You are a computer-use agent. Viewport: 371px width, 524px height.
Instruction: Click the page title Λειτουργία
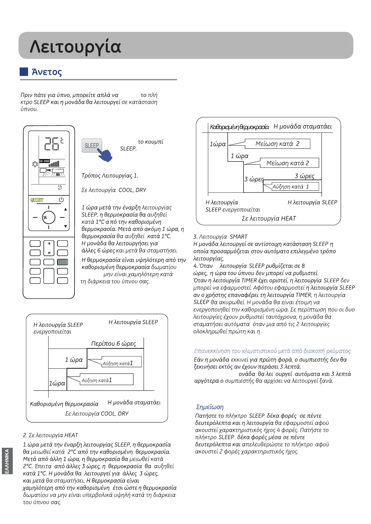pos(75,47)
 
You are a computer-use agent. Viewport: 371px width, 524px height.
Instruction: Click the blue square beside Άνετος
pos(24,72)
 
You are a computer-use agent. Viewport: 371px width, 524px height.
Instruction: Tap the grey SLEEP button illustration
pos(91,146)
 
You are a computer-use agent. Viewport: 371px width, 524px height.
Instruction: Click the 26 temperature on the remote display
pos(52,144)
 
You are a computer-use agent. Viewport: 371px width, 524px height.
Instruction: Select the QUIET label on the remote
pos(37,200)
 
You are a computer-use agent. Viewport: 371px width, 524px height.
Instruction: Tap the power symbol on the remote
pos(61,199)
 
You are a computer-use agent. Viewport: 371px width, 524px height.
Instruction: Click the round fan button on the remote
pos(49,218)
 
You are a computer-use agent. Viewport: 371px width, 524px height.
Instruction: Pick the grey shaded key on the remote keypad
pos(62,262)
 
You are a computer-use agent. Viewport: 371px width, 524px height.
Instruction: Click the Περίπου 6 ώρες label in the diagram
pos(113,344)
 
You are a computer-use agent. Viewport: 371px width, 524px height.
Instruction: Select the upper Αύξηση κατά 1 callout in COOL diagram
pos(122,362)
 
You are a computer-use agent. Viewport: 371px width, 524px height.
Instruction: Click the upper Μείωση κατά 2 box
pos(277,144)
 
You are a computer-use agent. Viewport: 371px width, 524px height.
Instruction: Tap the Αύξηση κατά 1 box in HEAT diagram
pos(291,187)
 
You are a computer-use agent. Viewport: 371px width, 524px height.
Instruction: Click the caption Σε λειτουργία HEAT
pos(269,218)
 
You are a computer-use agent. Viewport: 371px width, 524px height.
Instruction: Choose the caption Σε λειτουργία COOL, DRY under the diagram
pos(97,414)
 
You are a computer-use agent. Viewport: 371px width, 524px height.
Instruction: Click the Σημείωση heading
pos(210,407)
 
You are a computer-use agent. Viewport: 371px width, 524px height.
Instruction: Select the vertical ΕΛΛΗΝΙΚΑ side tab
pos(7,461)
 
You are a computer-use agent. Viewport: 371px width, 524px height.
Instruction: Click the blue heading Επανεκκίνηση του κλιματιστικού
pos(272,351)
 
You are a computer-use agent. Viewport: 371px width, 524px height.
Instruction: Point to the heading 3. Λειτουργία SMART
pos(220,237)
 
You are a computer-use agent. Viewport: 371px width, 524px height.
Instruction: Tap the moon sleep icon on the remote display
pos(60,187)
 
